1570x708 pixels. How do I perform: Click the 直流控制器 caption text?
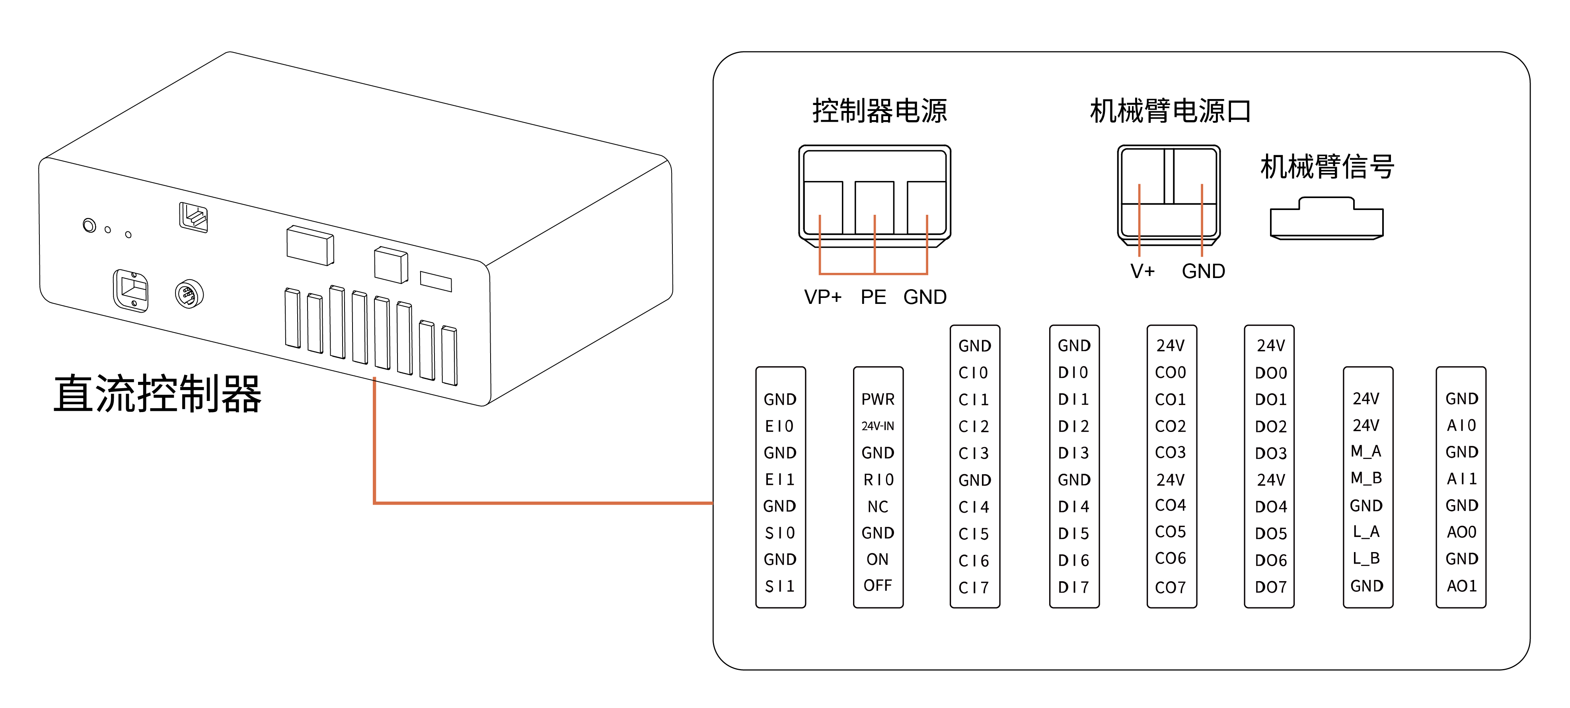pos(157,394)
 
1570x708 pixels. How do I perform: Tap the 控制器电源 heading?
pos(879,111)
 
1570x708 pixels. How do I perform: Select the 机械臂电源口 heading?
pos(1170,111)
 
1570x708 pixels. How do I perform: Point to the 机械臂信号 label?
pos(1327,166)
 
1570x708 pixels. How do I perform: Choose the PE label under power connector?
pos(873,298)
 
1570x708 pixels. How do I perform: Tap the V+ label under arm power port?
pos(1142,271)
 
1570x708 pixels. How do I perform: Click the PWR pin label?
pos(878,399)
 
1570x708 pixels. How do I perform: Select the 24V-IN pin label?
pos(878,426)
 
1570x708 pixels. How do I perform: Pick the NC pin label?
pos(878,506)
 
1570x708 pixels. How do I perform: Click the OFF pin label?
pos(878,585)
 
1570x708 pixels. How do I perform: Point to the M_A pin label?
pos(1366,451)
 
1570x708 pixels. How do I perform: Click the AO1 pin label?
pos(1461,586)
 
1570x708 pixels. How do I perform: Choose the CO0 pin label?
pos(1170,372)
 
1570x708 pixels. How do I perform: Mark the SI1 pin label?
pos(779,586)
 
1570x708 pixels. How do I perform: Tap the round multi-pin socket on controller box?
pos(189,295)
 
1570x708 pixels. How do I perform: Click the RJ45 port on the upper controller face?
pos(194,218)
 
